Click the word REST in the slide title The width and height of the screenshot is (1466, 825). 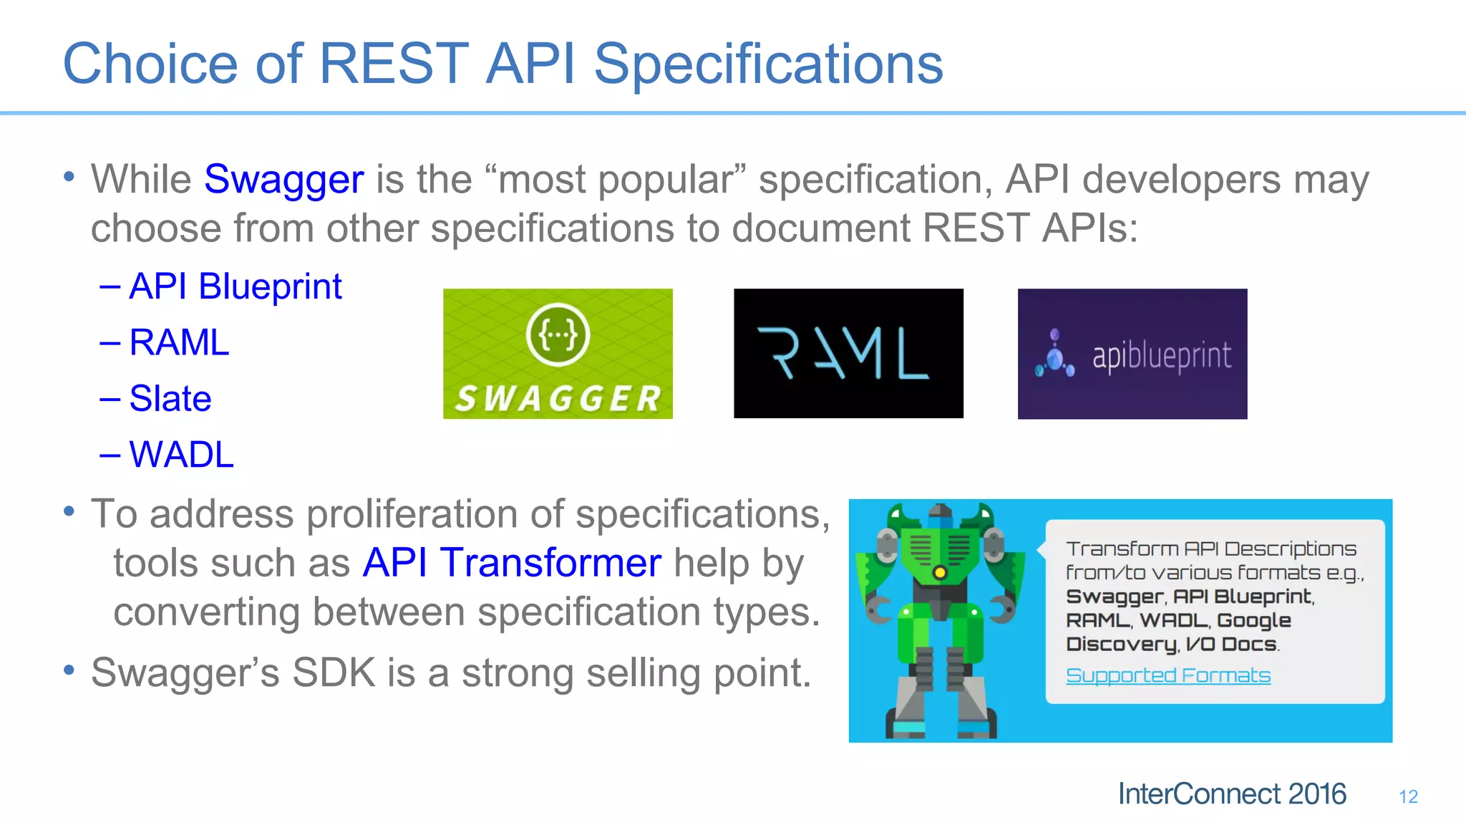(x=393, y=64)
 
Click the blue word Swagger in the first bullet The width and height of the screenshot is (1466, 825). (x=283, y=179)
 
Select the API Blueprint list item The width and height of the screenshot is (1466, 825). (x=235, y=286)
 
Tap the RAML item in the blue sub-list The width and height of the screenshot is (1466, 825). (x=179, y=342)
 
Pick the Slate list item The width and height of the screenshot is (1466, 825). (x=170, y=398)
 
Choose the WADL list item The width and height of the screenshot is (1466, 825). (x=181, y=455)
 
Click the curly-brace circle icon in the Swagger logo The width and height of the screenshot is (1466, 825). (x=558, y=334)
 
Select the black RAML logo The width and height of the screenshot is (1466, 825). (x=848, y=353)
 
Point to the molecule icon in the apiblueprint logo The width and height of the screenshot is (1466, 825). (x=1054, y=355)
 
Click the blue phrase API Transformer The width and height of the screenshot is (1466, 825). (x=512, y=563)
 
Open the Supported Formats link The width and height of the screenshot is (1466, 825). (x=1168, y=675)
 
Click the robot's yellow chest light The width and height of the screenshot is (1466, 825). (x=940, y=572)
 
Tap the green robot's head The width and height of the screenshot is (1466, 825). (x=940, y=513)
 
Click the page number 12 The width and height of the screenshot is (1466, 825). (x=1408, y=796)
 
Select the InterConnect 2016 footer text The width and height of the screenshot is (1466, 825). (x=1232, y=794)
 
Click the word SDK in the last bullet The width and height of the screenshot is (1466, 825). (x=334, y=673)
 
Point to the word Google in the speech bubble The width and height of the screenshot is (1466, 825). (x=1253, y=621)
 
